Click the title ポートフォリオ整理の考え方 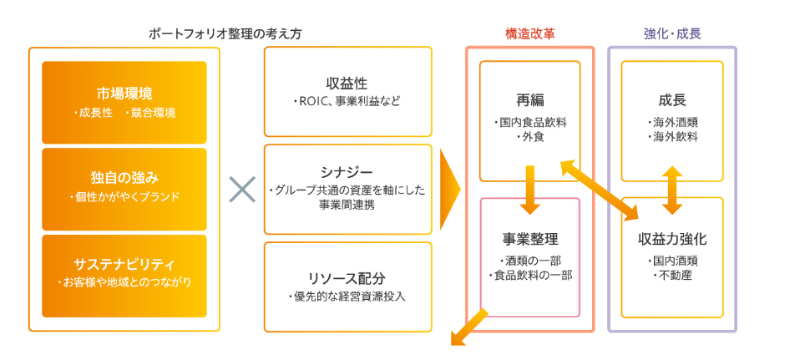click(225, 34)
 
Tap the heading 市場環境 click(124, 93)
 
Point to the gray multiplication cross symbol click(242, 190)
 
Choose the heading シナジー click(347, 171)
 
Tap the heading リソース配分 click(347, 277)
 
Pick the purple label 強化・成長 click(672, 34)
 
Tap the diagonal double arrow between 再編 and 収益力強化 click(595, 188)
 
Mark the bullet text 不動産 click(672, 275)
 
